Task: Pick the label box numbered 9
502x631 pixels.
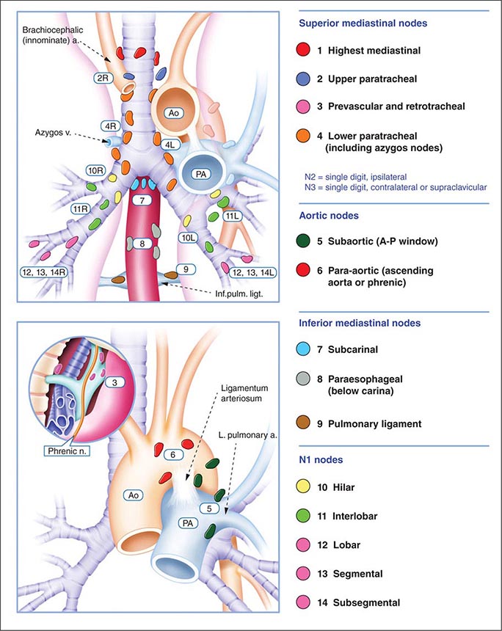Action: [189, 269]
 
